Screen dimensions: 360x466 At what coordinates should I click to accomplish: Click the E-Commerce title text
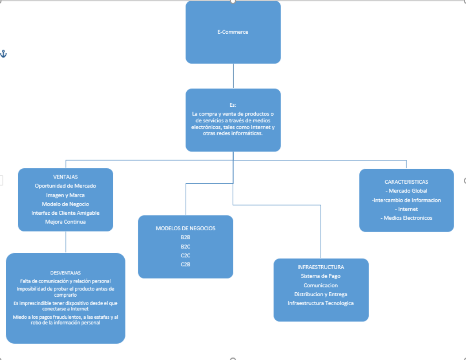click(233, 32)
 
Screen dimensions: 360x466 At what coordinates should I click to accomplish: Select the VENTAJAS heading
click(65, 177)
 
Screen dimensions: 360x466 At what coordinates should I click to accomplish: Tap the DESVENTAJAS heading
click(65, 273)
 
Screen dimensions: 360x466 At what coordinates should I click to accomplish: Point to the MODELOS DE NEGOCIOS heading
click(185, 228)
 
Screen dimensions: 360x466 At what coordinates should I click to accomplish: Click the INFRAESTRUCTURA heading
click(321, 267)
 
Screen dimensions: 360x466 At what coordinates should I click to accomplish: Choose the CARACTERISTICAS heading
click(406, 182)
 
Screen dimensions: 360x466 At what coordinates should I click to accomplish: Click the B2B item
click(185, 237)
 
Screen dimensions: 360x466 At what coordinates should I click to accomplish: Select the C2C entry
click(185, 255)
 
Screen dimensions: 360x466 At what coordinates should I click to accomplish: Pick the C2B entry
click(185, 264)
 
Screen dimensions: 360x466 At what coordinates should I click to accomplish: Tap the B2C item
click(185, 246)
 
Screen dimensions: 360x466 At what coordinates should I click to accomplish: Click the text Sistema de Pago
click(321, 276)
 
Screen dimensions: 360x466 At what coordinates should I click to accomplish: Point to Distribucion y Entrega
click(321, 294)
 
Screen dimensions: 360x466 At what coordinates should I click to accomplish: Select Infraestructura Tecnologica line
click(321, 303)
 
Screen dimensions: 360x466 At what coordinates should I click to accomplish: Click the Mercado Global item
click(406, 191)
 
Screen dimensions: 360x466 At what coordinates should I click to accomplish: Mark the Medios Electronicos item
click(406, 218)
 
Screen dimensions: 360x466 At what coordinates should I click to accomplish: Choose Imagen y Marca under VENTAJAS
click(65, 195)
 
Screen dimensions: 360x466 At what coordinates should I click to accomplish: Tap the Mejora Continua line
click(65, 222)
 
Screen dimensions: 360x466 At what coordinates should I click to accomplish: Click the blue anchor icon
click(4, 54)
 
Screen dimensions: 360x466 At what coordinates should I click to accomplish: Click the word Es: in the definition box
click(233, 105)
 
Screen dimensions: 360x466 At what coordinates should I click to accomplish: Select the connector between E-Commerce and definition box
click(233, 76)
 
